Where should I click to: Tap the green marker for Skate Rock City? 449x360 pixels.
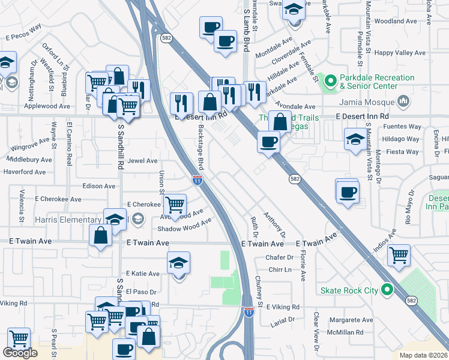click(x=387, y=290)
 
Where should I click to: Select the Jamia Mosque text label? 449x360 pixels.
click(x=369, y=101)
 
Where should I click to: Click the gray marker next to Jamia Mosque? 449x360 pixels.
click(x=403, y=101)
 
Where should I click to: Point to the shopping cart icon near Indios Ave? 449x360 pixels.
click(x=399, y=255)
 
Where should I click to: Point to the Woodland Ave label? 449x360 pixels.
click(x=395, y=21)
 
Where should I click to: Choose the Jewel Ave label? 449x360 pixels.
click(x=142, y=161)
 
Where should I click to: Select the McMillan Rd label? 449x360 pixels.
click(x=345, y=332)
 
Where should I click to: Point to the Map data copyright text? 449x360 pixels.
click(x=424, y=355)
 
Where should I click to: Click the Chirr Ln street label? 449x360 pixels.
click(x=280, y=270)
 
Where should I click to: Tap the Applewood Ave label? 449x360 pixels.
click(x=47, y=106)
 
